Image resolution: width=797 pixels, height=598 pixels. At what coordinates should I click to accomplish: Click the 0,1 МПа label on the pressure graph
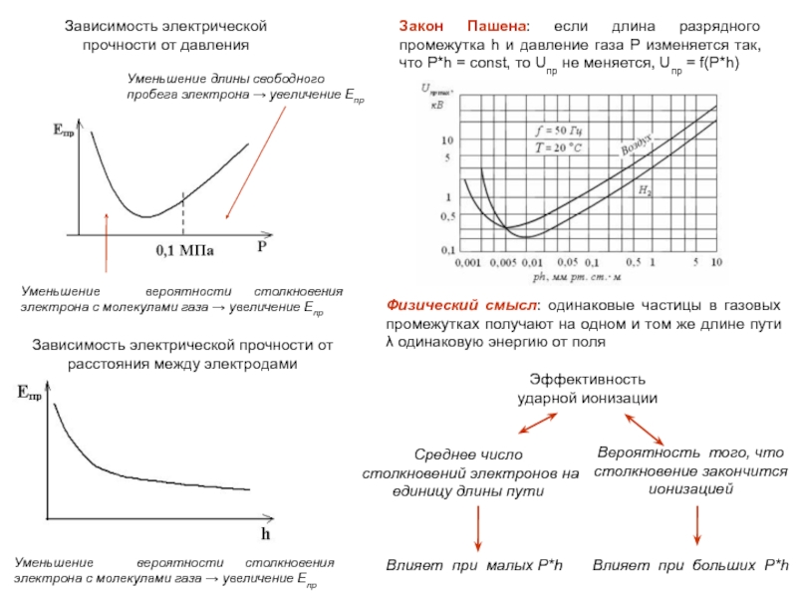point(185,249)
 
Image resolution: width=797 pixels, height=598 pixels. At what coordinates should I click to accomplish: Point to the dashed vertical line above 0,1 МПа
point(182,211)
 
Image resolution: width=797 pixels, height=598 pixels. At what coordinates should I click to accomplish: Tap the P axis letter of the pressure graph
point(262,244)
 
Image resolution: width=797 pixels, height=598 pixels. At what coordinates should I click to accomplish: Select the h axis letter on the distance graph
point(266,532)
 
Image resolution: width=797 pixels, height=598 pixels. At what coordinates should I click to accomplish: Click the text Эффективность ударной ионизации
point(587,389)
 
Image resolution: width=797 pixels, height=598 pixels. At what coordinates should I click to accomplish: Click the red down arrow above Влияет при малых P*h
point(479,528)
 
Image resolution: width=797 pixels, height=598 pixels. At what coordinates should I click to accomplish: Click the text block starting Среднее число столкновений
point(470,473)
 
